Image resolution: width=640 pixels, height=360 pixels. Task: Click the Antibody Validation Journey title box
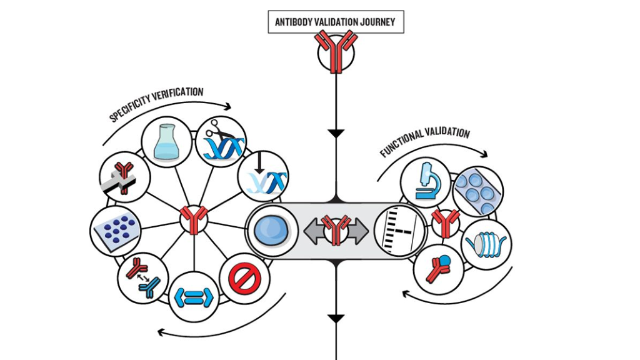pyautogui.click(x=335, y=22)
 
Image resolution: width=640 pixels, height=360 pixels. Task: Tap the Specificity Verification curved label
pyautogui.click(x=157, y=103)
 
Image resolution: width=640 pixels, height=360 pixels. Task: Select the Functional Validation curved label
pyautogui.click(x=424, y=141)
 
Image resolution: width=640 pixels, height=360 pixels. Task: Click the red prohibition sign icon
pyautogui.click(x=244, y=278)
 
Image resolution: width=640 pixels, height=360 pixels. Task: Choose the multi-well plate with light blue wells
pyautogui.click(x=478, y=191)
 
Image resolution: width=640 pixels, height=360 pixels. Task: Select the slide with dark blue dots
pyautogui.click(x=116, y=230)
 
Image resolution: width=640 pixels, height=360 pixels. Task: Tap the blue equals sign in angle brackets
pyautogui.click(x=194, y=297)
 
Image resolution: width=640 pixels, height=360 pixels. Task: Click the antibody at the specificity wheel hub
pyautogui.click(x=194, y=221)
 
